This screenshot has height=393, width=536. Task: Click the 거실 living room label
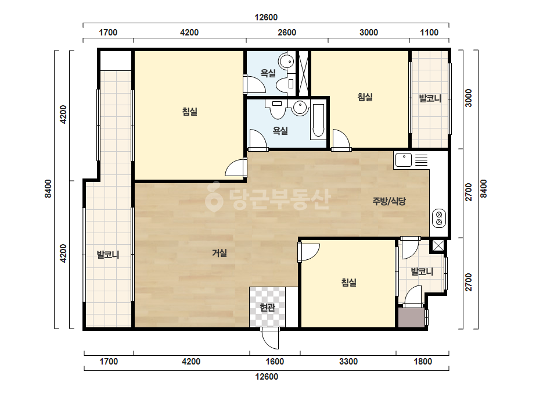pyautogui.click(x=220, y=253)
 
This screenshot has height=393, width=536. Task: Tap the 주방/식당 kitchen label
pyautogui.click(x=389, y=201)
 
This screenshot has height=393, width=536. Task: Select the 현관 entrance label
pyautogui.click(x=267, y=308)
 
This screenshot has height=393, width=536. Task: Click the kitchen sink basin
pyautogui.click(x=404, y=160)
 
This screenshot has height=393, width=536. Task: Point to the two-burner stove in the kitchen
pyautogui.click(x=439, y=219)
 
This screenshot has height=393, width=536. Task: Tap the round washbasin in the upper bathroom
pyautogui.click(x=286, y=62)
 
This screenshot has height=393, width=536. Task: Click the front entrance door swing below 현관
pyautogui.click(x=270, y=338)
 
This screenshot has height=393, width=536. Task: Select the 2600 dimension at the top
pyautogui.click(x=287, y=33)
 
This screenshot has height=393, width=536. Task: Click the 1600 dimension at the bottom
pyautogui.click(x=275, y=362)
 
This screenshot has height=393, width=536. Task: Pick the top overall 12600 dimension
pyautogui.click(x=266, y=17)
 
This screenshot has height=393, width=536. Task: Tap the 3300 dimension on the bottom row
pyautogui.click(x=348, y=362)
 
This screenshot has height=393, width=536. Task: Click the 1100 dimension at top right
pyautogui.click(x=429, y=33)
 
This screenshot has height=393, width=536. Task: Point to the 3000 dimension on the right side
pyautogui.click(x=469, y=98)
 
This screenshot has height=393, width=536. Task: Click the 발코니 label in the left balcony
pyautogui.click(x=108, y=255)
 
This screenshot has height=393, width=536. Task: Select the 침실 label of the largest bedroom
pyautogui.click(x=190, y=112)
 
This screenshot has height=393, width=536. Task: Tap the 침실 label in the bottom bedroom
pyautogui.click(x=349, y=283)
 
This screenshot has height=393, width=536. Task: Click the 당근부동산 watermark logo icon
pyautogui.click(x=214, y=197)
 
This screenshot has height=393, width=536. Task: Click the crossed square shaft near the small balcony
pyautogui.click(x=438, y=246)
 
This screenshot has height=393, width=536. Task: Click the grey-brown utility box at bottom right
pyautogui.click(x=412, y=317)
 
